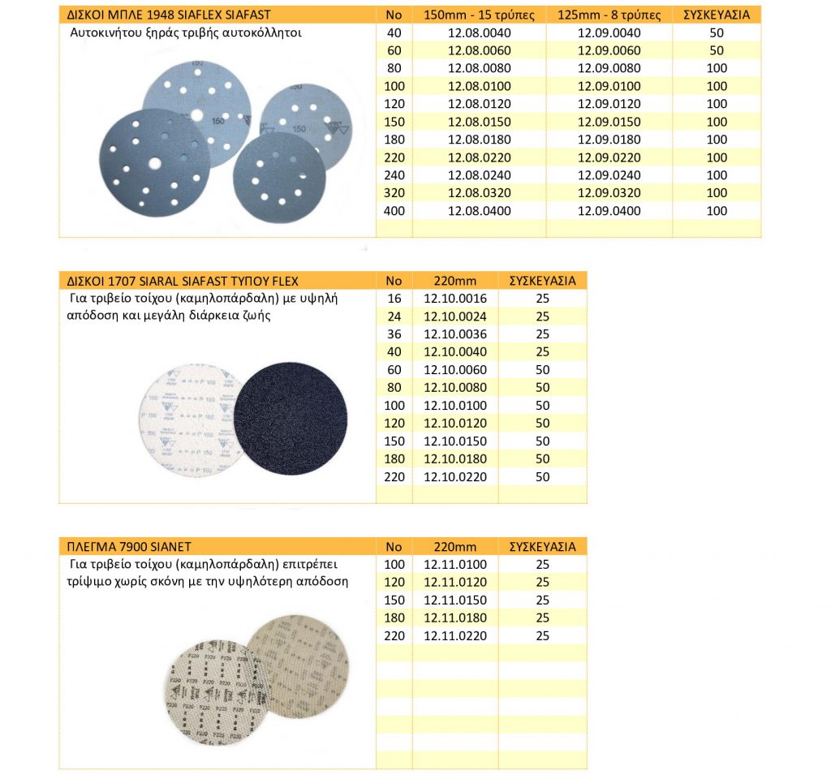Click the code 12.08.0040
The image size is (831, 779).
pyautogui.click(x=479, y=33)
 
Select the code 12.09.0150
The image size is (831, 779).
pyautogui.click(x=609, y=122)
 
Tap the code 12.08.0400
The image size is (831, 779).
pyautogui.click(x=479, y=211)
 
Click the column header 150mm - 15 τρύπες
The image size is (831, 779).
pyautogui.click(x=479, y=15)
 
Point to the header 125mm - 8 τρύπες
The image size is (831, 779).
pyautogui.click(x=609, y=15)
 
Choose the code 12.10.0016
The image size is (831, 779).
pyautogui.click(x=455, y=299)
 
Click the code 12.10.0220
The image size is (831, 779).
pyautogui.click(x=455, y=476)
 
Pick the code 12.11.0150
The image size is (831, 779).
pyautogui.click(x=455, y=600)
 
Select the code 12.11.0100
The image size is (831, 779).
pyautogui.click(x=455, y=564)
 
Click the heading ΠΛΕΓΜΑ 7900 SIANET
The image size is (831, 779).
pyautogui.click(x=127, y=546)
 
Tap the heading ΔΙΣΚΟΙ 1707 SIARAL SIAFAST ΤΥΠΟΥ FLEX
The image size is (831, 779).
pyautogui.click(x=182, y=281)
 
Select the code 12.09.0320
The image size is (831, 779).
pyautogui.click(x=609, y=193)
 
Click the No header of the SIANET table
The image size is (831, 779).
pyautogui.click(x=394, y=546)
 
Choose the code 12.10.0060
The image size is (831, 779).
pyautogui.click(x=455, y=370)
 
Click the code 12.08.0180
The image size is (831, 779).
pyautogui.click(x=479, y=140)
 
